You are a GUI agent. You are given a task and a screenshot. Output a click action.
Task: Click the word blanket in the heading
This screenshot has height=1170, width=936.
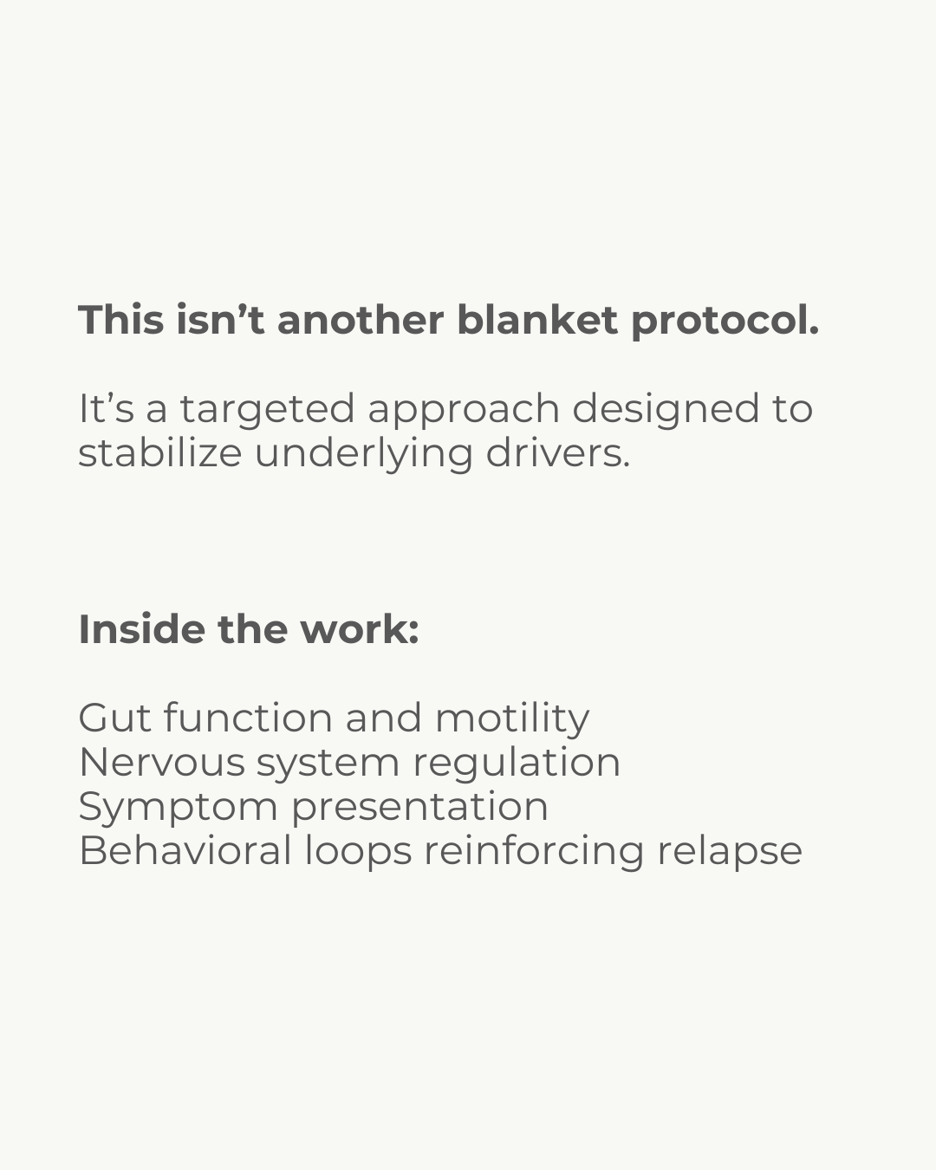pyautogui.click(x=536, y=320)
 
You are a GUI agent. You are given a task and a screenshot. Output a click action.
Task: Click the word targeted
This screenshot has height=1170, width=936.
pyautogui.click(x=267, y=410)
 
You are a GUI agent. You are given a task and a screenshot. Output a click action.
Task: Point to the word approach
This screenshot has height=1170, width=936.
pyautogui.click(x=463, y=410)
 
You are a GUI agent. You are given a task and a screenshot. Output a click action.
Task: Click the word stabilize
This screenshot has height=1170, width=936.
pyautogui.click(x=159, y=452)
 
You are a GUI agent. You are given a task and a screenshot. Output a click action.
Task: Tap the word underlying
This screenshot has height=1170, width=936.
pyautogui.click(x=363, y=454)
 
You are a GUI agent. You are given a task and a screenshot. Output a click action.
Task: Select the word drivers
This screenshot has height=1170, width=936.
pyautogui.click(x=557, y=452)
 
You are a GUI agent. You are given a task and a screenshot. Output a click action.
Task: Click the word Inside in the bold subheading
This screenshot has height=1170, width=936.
pyautogui.click(x=140, y=629)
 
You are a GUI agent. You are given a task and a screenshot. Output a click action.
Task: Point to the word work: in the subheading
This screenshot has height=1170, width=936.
pyautogui.click(x=360, y=629)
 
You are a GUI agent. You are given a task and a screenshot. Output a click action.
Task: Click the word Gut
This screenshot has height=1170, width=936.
pyautogui.click(x=114, y=718)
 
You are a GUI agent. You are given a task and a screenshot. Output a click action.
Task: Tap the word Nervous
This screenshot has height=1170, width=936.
pyautogui.click(x=161, y=763)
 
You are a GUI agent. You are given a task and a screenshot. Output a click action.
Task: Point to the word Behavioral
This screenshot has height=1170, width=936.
pyautogui.click(x=185, y=851)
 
